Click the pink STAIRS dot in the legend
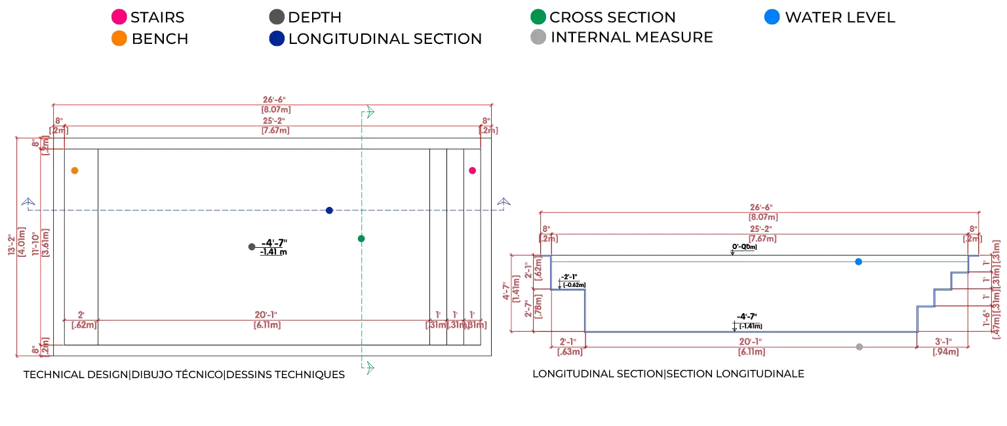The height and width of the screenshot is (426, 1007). [x=119, y=17]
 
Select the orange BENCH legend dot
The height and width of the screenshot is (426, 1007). [x=119, y=39]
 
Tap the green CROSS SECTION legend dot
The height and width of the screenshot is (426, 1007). [x=538, y=17]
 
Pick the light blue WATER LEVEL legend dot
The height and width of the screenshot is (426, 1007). [x=773, y=17]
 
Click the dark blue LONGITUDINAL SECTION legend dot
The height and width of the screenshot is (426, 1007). [x=276, y=39]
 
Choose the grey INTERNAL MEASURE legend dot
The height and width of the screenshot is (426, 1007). [x=538, y=38]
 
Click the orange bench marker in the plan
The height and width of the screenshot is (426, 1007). [x=75, y=170]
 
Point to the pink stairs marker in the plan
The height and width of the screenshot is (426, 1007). [x=472, y=170]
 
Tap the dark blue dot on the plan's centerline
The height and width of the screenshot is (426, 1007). [x=330, y=210]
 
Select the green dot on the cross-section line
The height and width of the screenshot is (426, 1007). [x=361, y=239]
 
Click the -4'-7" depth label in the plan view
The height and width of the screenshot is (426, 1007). [x=273, y=247]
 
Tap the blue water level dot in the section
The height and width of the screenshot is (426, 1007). [x=859, y=262]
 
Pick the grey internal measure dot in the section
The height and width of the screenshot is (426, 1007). [x=859, y=345]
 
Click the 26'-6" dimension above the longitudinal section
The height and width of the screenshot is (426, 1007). [x=760, y=212]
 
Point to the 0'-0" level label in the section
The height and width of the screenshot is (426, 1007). [x=744, y=248]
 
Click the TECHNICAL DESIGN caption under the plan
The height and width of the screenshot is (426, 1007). [x=184, y=375]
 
